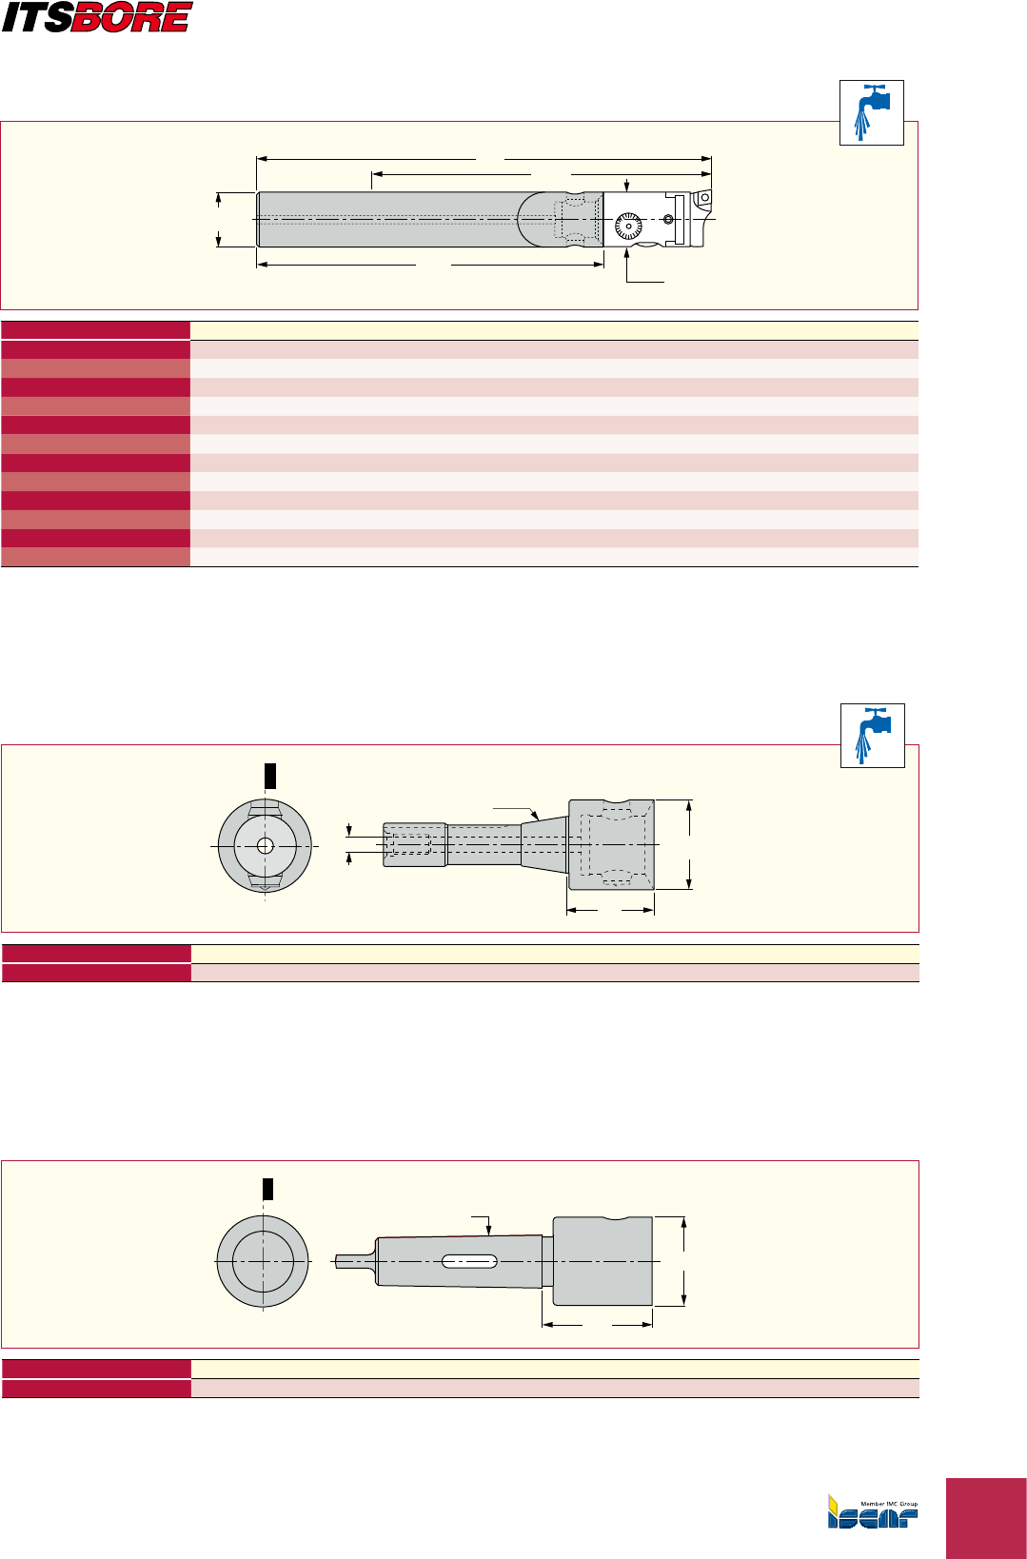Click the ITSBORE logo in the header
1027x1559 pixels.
97,17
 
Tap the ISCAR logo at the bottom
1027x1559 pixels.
873,1511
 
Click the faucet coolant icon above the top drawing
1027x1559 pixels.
871,112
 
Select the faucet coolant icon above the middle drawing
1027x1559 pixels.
873,736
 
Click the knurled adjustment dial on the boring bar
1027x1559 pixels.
628,227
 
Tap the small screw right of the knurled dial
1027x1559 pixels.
668,220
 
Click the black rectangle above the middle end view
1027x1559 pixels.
270,776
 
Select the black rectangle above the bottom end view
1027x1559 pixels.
267,1189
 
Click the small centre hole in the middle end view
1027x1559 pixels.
266,845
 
